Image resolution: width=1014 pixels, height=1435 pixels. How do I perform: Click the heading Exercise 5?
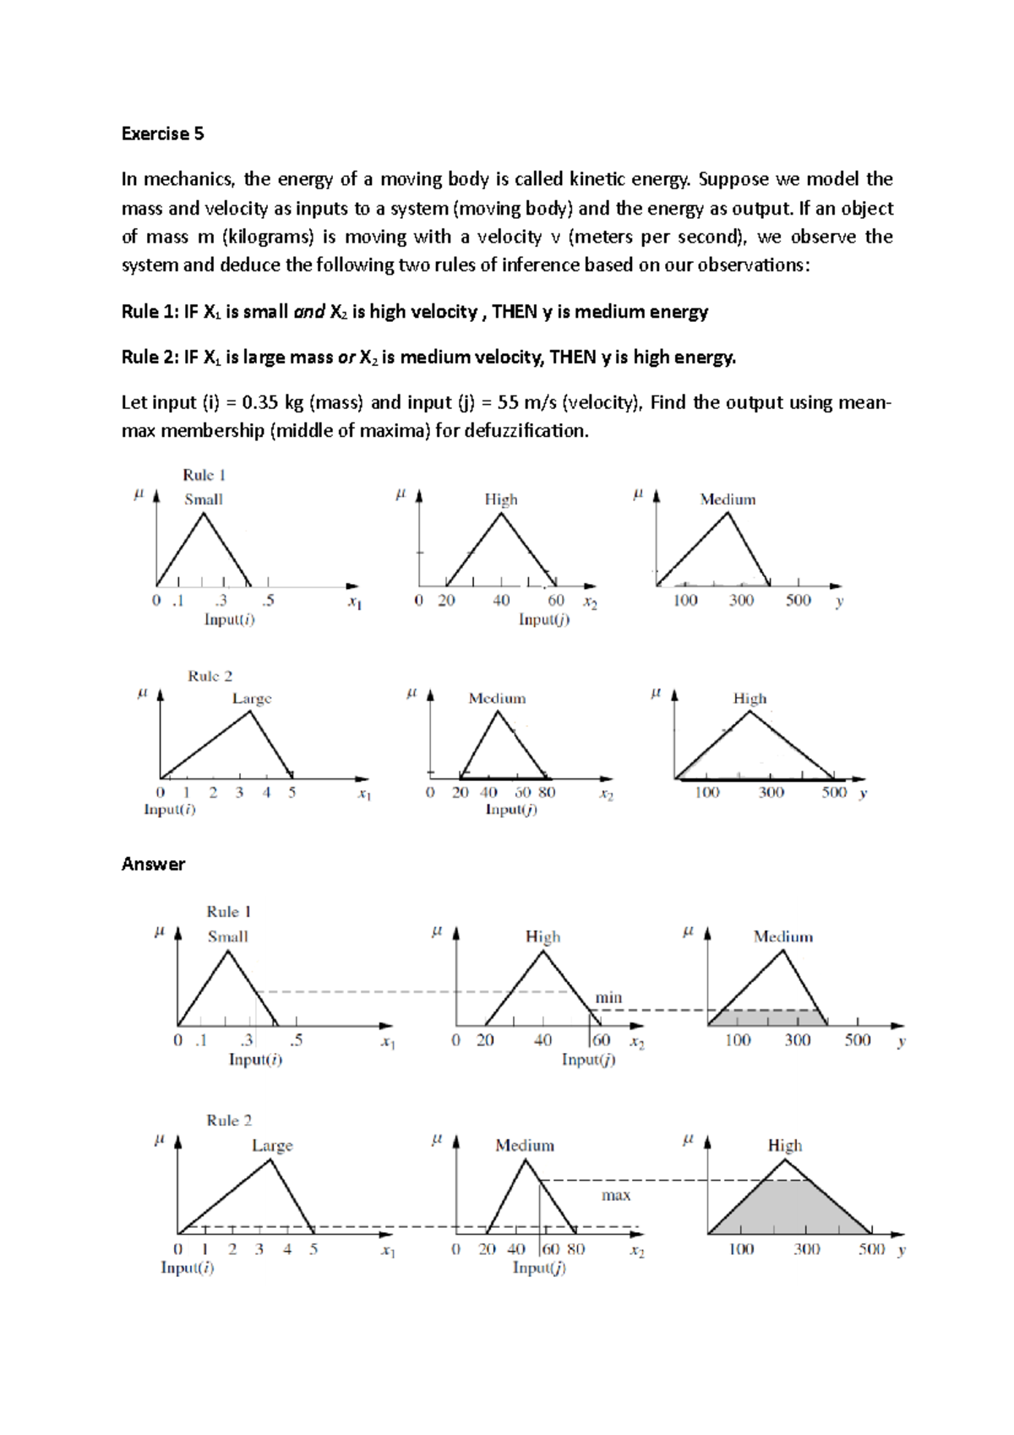coord(162,134)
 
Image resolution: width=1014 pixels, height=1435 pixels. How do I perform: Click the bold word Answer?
coord(153,864)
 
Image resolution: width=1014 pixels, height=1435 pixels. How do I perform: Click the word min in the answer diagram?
coord(608,997)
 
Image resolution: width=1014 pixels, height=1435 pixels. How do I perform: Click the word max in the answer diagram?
coord(616,1195)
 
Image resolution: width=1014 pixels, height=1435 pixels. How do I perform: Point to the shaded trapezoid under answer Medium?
coord(767,1018)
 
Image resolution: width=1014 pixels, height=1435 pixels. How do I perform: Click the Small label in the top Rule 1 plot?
coord(204,499)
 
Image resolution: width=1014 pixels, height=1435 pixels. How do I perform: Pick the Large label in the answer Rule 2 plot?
coord(272,1145)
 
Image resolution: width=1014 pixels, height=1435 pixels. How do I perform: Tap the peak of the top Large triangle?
coord(250,712)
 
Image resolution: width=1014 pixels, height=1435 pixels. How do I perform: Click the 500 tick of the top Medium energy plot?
coord(798,600)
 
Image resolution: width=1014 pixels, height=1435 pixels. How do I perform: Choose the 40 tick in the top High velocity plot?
coord(501,600)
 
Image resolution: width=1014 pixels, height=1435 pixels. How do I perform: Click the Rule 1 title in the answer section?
coord(228,911)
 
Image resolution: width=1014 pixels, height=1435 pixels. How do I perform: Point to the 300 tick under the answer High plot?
coord(806,1249)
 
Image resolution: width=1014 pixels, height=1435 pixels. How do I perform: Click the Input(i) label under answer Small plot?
coord(255,1059)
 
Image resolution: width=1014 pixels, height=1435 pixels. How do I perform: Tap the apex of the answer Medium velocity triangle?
coord(526,1159)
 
